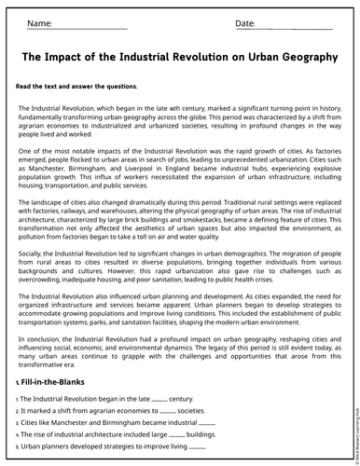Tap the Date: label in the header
tap(244, 22)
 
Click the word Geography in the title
tap(298, 58)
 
